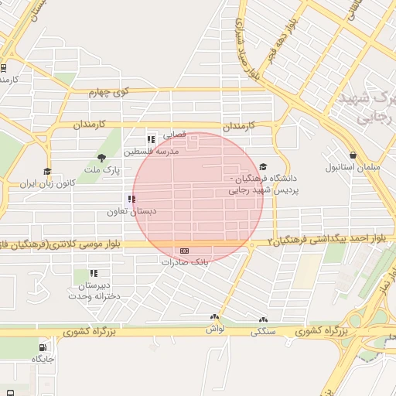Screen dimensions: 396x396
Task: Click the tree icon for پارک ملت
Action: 101,158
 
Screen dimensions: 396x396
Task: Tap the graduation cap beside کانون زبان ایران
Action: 47,172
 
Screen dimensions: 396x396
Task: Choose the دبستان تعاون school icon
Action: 131,199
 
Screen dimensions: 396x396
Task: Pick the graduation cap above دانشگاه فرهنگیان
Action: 263,166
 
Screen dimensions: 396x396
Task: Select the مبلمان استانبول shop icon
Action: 353,155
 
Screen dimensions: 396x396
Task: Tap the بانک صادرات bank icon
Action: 184,251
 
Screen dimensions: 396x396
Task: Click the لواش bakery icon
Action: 214,317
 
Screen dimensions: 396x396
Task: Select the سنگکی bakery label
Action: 263,332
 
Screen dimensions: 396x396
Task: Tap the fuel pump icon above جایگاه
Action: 43,346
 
